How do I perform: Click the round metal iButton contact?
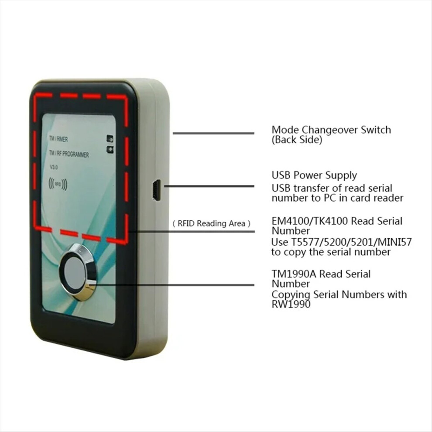coord(78,272)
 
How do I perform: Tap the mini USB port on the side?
coord(157,190)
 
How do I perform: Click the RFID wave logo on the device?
coord(58,184)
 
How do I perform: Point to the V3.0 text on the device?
coord(54,167)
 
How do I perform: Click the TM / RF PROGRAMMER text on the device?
coord(69,154)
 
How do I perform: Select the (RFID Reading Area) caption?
coord(211,223)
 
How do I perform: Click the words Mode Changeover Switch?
coord(331,130)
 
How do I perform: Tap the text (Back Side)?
coord(297,140)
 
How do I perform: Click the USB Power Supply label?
coord(314,175)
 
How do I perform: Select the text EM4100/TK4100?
coord(310,221)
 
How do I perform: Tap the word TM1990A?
coord(294,274)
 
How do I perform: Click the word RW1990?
coord(291,304)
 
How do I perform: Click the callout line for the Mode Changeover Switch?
coord(213,134)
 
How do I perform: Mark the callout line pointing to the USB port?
coord(209,186)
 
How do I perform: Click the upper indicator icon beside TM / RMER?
coord(110,139)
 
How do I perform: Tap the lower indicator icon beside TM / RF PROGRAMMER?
coord(110,150)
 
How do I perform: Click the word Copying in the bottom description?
coord(291,295)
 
